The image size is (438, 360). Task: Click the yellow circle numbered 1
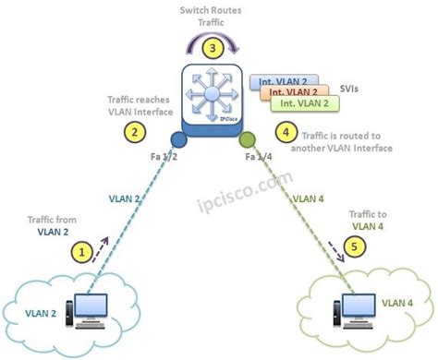tap(83, 250)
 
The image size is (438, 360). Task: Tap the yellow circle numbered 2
tap(135, 131)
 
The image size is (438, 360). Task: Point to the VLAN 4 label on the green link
tap(309, 197)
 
